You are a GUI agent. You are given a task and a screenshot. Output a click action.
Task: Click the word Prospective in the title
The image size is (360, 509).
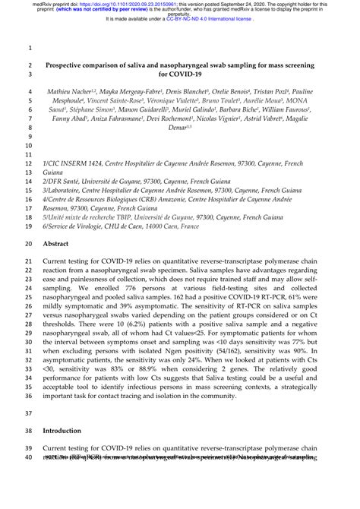(x=70, y=67)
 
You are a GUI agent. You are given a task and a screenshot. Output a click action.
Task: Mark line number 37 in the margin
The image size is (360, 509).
(x=29, y=414)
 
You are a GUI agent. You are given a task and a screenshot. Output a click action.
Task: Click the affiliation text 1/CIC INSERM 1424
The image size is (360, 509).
(x=77, y=163)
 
